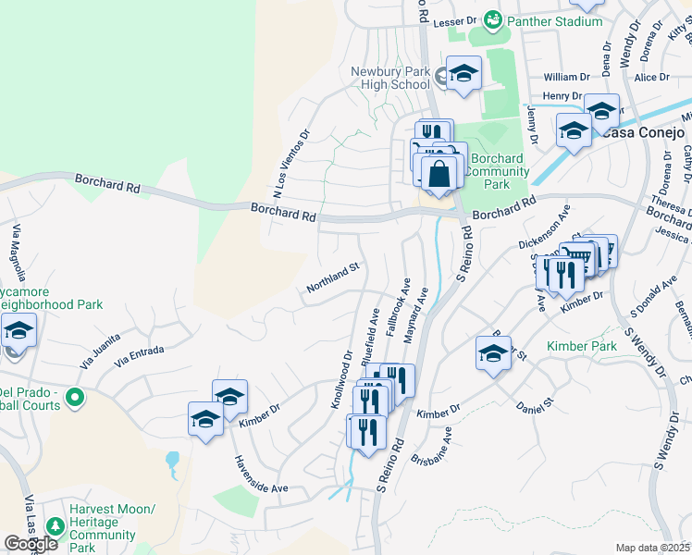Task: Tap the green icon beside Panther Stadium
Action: click(x=494, y=19)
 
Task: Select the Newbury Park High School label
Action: click(x=390, y=78)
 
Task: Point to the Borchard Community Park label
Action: click(x=497, y=171)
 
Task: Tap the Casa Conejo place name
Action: click(x=643, y=132)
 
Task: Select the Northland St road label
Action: click(x=332, y=280)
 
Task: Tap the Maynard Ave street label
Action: click(x=417, y=314)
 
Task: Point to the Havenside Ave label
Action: click(x=260, y=475)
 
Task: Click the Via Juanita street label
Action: click(x=100, y=351)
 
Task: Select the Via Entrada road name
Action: click(x=139, y=356)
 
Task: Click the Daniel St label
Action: click(x=534, y=404)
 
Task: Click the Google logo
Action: click(x=31, y=544)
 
